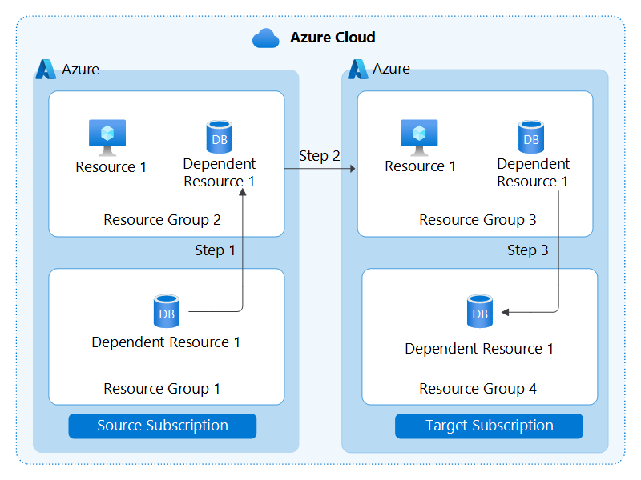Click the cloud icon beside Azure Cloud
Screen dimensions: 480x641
click(x=265, y=38)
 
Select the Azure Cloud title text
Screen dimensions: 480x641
click(x=333, y=38)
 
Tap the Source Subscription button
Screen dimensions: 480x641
click(x=163, y=426)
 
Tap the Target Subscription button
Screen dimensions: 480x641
click(x=489, y=426)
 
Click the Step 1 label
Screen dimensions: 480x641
click(x=215, y=250)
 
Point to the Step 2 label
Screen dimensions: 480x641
click(x=319, y=156)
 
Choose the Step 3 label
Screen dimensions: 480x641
click(x=527, y=250)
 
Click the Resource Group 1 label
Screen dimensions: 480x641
click(x=162, y=389)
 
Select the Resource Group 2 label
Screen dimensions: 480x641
click(x=162, y=220)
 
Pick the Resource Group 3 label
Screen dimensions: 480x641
click(x=478, y=220)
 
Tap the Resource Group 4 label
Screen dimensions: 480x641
click(x=478, y=389)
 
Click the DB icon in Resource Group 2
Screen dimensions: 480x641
click(x=219, y=137)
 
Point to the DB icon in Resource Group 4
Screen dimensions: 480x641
click(x=480, y=311)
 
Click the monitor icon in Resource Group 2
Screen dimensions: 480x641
click(x=107, y=137)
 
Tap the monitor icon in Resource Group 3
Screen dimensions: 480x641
click(x=419, y=137)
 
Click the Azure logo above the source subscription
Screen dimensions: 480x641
click(x=46, y=70)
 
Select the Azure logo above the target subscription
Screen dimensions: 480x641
click(x=358, y=70)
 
